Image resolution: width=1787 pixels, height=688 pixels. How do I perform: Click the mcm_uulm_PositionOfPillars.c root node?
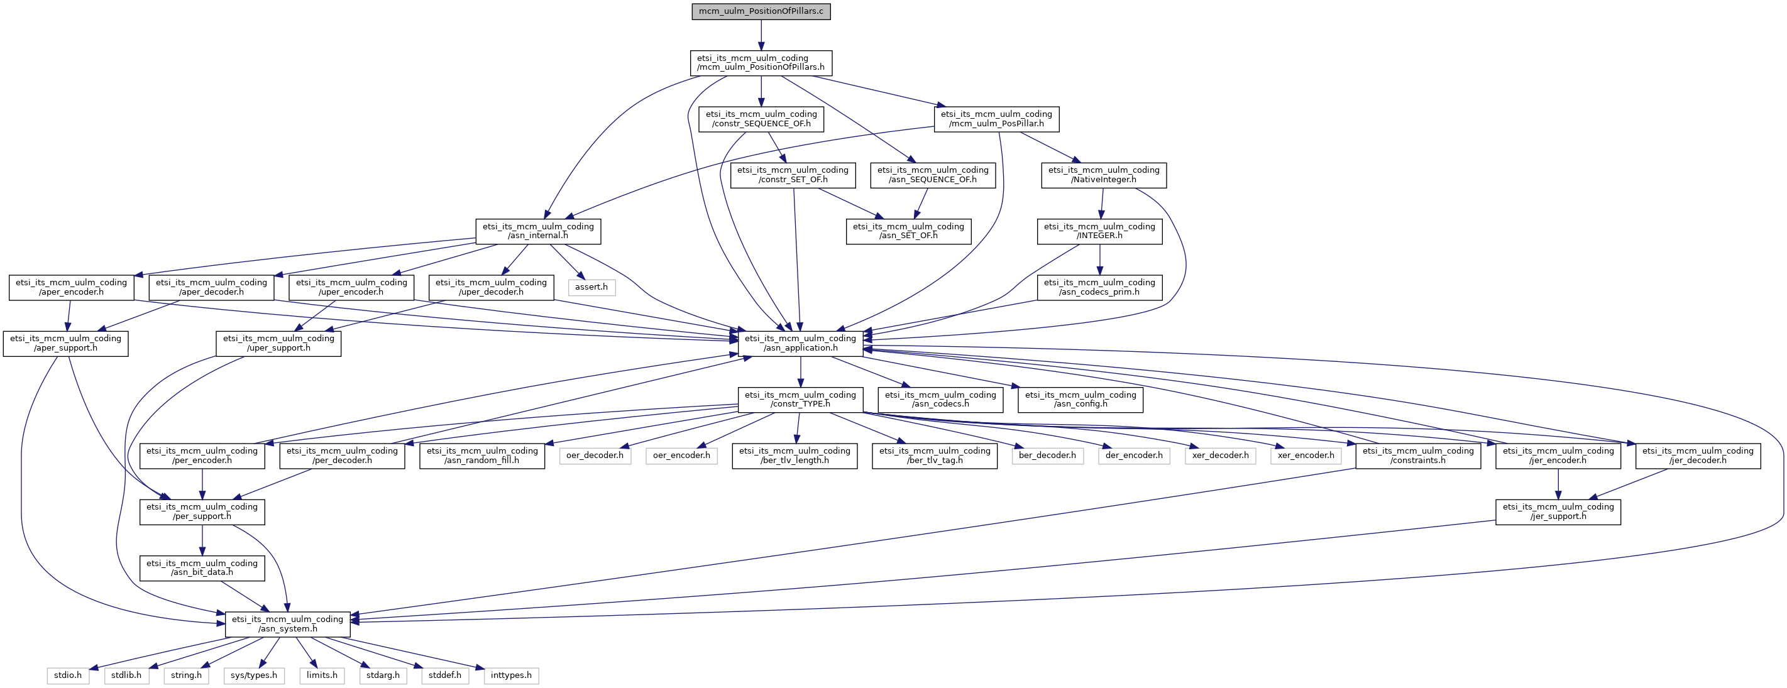click(761, 12)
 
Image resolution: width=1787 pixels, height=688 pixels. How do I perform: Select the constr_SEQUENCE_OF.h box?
click(761, 119)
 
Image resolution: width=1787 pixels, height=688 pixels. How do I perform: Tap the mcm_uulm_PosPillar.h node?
click(996, 119)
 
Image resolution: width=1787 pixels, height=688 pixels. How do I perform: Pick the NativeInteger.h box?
click(1104, 175)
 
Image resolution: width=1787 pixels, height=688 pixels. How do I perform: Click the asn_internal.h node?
click(538, 231)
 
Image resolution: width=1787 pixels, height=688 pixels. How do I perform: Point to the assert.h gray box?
click(591, 287)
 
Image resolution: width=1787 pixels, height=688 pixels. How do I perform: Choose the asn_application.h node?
click(801, 343)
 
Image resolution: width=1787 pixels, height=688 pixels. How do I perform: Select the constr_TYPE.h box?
click(801, 400)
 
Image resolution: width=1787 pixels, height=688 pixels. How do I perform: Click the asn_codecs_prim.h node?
click(1099, 287)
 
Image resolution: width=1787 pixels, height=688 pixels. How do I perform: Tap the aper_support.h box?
click(66, 343)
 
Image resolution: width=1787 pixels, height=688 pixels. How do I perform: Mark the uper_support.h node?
click(279, 343)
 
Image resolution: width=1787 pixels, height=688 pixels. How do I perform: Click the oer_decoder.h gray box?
click(595, 456)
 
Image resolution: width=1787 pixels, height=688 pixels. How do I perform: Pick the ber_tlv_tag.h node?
click(935, 456)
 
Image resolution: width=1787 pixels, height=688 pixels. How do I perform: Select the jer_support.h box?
click(1558, 512)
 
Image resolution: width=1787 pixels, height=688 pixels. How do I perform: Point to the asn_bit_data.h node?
click(202, 568)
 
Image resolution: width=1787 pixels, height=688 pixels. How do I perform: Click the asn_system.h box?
click(288, 624)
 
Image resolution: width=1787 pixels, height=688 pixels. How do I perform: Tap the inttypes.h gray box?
click(511, 675)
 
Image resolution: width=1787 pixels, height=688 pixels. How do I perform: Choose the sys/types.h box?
click(254, 675)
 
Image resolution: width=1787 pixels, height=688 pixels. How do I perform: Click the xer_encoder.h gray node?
click(1306, 456)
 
